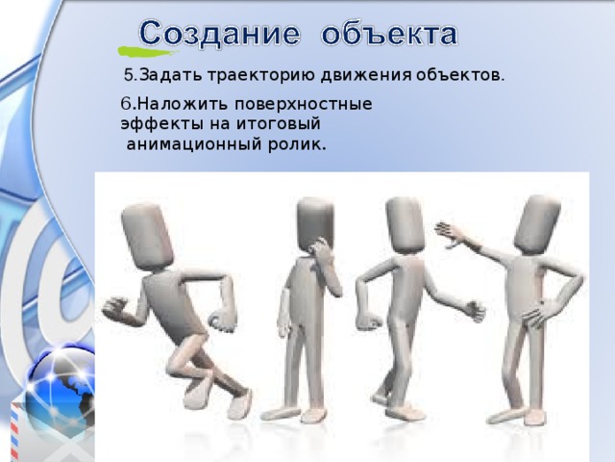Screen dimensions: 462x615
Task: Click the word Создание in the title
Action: pyautogui.click(x=218, y=36)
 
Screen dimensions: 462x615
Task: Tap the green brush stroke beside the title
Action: pyautogui.click(x=132, y=48)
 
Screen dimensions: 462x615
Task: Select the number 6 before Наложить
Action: pyautogui.click(x=125, y=102)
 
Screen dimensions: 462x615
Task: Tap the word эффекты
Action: pyautogui.click(x=155, y=123)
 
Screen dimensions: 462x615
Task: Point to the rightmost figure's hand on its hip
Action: pyautogui.click(x=538, y=313)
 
